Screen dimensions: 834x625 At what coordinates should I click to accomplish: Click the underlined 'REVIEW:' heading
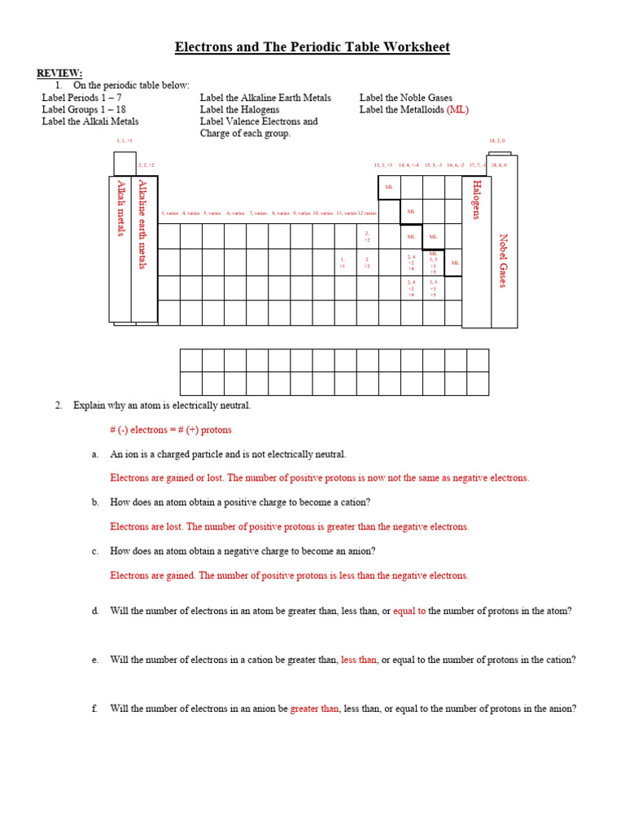click(59, 73)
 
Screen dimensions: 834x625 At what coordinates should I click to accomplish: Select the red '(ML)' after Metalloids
click(457, 110)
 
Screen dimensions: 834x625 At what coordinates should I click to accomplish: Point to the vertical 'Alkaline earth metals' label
click(142, 225)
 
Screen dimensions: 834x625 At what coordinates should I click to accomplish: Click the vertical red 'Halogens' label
click(475, 200)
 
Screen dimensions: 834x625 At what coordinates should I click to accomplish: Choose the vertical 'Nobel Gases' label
click(503, 261)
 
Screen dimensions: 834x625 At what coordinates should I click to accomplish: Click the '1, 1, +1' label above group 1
click(125, 141)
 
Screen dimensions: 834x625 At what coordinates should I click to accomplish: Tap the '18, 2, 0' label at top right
click(498, 141)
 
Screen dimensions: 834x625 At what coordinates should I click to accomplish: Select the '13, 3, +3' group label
click(383, 165)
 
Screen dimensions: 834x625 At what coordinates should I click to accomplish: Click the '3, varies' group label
click(169, 213)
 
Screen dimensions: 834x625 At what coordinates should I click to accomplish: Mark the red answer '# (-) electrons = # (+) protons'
click(171, 430)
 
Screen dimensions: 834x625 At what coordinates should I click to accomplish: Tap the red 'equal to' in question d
click(409, 611)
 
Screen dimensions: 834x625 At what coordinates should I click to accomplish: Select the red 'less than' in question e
click(359, 660)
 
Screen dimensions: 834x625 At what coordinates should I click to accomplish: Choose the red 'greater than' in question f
click(314, 709)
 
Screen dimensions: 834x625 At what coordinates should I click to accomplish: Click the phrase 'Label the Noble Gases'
click(405, 98)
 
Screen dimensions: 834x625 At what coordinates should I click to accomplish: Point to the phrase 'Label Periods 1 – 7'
click(81, 98)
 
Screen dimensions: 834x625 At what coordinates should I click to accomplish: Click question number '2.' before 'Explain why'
click(59, 406)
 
